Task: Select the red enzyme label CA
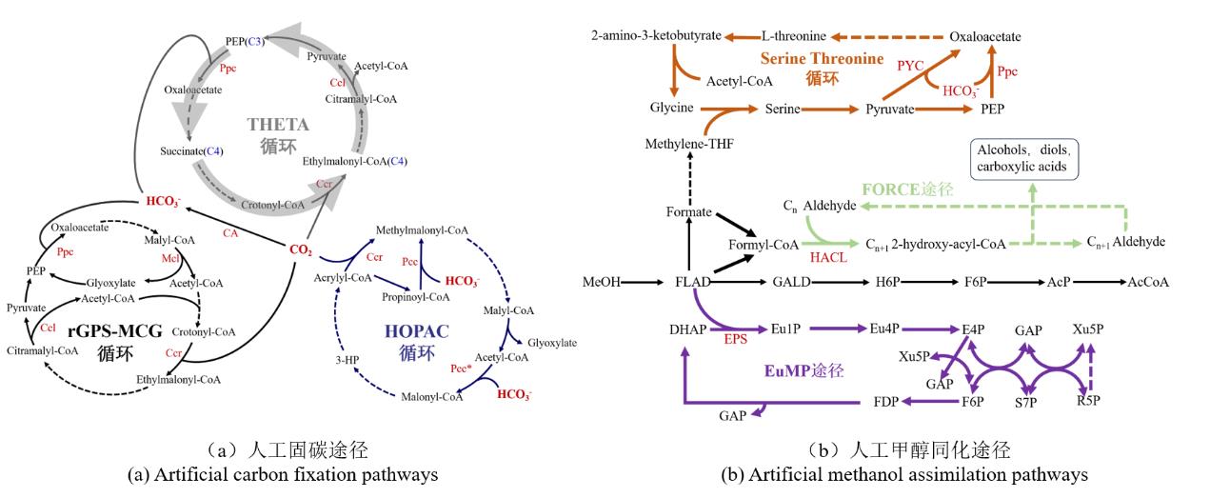[x=229, y=231]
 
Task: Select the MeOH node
[x=602, y=282]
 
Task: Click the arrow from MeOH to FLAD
[x=645, y=282]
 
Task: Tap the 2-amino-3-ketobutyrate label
[x=653, y=36]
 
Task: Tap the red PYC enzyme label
[x=911, y=65]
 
